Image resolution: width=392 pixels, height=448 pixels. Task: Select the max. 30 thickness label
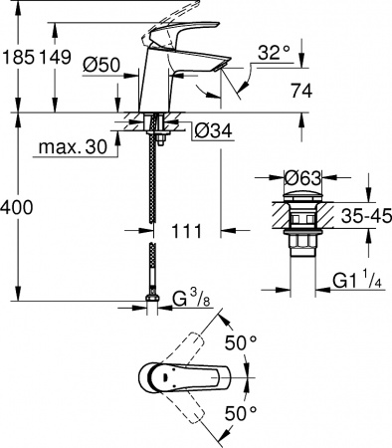73,147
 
